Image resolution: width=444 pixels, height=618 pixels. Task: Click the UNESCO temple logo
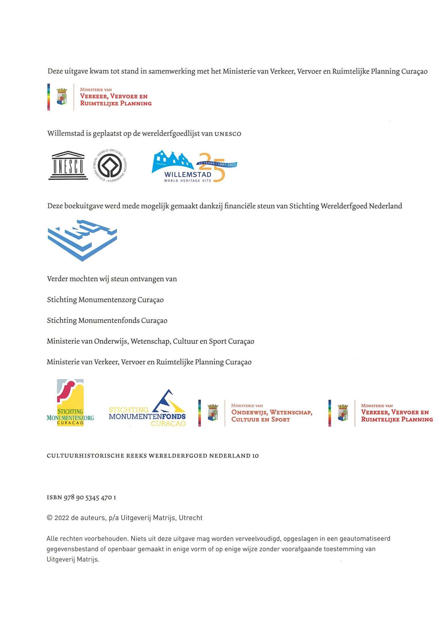pyautogui.click(x=68, y=165)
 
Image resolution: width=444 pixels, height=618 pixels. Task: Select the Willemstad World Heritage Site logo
pyautogui.click(x=194, y=167)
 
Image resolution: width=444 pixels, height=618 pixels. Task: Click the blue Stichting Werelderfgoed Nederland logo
pyautogui.click(x=82, y=240)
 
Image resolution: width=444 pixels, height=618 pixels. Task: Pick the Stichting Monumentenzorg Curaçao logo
pyautogui.click(x=70, y=403)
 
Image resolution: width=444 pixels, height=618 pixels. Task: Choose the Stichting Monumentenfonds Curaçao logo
pyautogui.click(x=147, y=408)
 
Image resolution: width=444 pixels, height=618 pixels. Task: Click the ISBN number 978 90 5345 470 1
pyautogui.click(x=90, y=497)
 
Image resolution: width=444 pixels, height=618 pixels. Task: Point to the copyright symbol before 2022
pyautogui.click(x=49, y=518)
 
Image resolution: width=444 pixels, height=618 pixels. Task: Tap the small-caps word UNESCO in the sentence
pyautogui.click(x=228, y=134)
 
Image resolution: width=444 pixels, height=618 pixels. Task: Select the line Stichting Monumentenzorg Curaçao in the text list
pyautogui.click(x=105, y=300)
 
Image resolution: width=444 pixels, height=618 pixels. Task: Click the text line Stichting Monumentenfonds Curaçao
pyautogui.click(x=107, y=320)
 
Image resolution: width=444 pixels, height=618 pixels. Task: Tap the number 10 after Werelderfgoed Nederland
pyautogui.click(x=255, y=456)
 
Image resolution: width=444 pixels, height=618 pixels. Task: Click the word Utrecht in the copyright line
pyautogui.click(x=191, y=518)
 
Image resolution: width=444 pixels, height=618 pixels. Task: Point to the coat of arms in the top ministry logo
pyautogui.click(x=61, y=97)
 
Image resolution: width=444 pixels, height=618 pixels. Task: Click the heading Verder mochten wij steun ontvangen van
pyautogui.click(x=112, y=279)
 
